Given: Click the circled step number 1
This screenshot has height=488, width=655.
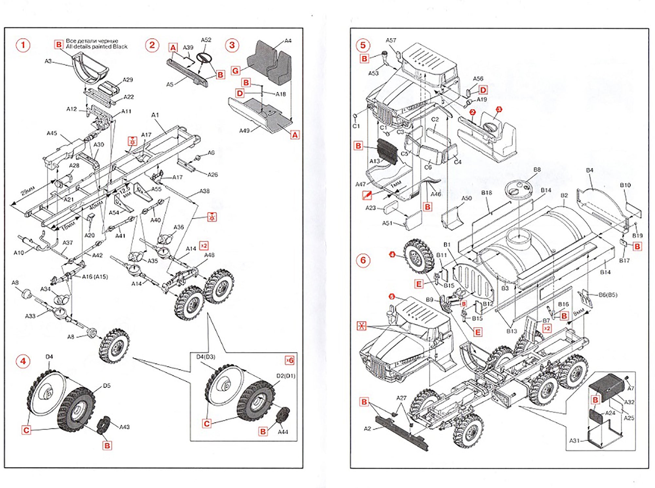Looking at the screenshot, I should point(23,45).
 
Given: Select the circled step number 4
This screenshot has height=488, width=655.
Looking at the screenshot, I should point(23,361).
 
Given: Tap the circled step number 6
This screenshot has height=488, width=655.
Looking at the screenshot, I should point(363,261).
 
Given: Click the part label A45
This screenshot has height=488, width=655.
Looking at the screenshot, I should point(52,133).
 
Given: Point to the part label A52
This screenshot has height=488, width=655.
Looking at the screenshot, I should point(206,40).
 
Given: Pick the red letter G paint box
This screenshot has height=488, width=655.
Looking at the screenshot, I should point(235,71).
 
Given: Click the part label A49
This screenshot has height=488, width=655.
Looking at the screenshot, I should point(244,131).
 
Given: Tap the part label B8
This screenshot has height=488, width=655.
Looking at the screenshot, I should point(537,170).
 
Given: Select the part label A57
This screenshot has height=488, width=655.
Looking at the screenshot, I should point(391,40).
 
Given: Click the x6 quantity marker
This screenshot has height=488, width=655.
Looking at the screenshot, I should point(290,360).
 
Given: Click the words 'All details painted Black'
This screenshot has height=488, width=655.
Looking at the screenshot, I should point(97,46).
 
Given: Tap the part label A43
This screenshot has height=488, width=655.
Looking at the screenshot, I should point(124,427).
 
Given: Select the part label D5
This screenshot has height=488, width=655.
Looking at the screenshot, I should point(107,386).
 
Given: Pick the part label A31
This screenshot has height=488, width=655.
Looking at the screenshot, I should point(574,441).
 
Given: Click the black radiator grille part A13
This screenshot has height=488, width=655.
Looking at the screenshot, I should point(387,151).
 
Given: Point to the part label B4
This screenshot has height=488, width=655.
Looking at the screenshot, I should point(589,170).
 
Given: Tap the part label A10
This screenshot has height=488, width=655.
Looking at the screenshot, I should point(19,253).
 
